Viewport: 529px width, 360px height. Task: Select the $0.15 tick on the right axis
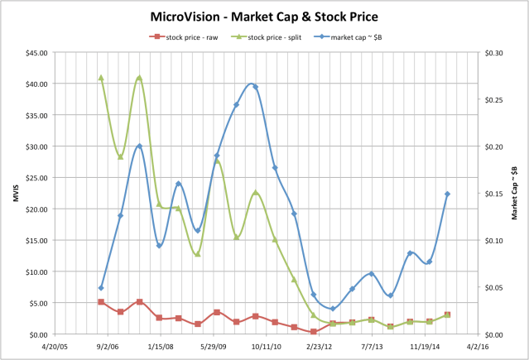(x=494, y=194)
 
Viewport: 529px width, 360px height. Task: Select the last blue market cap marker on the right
(x=448, y=194)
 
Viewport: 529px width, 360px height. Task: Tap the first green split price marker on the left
(x=101, y=78)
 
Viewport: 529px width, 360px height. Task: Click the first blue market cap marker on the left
(x=101, y=288)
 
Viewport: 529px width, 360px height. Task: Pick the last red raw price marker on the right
(x=448, y=314)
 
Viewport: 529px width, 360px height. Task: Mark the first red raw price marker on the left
(x=101, y=302)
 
